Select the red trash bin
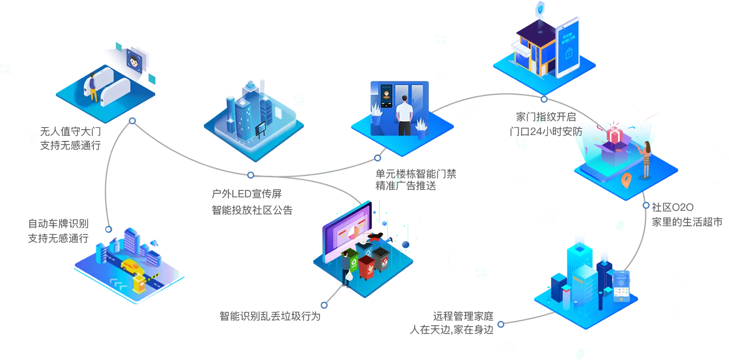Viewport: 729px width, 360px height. tap(366, 267)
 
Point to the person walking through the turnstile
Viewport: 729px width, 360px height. tap(93, 87)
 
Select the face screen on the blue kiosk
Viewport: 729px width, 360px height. tap(386, 94)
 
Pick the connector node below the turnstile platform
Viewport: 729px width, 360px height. tap(132, 121)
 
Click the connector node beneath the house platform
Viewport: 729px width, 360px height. tap(544, 99)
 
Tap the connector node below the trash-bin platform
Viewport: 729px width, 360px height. tap(324, 305)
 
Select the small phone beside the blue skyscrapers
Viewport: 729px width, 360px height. tap(620, 286)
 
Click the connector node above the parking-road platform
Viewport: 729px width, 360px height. tap(109, 229)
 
